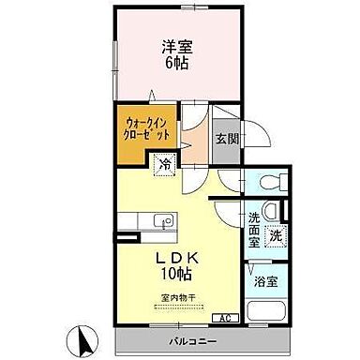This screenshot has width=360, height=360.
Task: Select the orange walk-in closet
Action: (145, 127)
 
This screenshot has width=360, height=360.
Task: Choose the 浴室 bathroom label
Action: (264, 280)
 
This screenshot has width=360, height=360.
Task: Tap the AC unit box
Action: (226, 318)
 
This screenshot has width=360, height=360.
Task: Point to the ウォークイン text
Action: (144, 121)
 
